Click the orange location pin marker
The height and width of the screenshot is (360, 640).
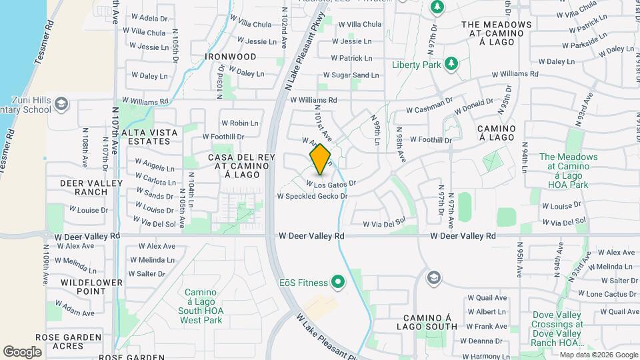point(321,159)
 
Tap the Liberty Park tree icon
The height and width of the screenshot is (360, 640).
point(452,63)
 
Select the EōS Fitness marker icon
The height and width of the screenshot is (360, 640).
point(338,281)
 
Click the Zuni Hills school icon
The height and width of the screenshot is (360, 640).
point(61,103)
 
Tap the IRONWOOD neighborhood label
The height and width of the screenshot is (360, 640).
point(231,57)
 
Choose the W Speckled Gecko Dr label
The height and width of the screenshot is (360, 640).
point(313,196)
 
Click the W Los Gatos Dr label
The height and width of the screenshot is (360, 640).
point(331,183)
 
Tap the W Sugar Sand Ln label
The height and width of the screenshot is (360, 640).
point(351,76)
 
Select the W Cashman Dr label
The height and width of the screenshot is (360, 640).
point(429,109)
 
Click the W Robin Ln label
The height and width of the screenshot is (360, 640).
point(239,123)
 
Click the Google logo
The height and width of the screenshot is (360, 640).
point(22,351)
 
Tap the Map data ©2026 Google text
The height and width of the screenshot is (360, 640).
point(598,355)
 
